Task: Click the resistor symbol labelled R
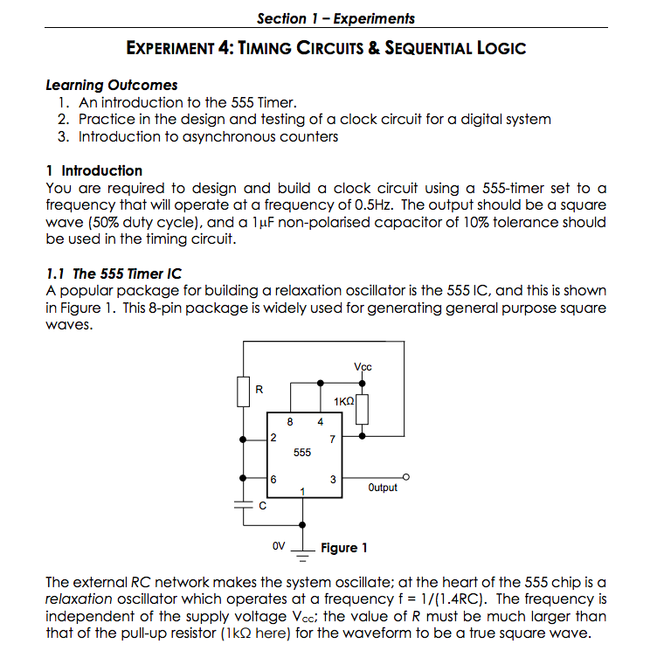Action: coord(243,391)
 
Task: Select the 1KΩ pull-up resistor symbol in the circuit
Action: coord(364,407)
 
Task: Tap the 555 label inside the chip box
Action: coord(301,453)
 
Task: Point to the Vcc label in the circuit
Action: coord(363,366)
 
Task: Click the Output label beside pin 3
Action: coord(383,488)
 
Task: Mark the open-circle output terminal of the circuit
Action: coord(405,477)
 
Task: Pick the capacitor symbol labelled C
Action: coord(243,505)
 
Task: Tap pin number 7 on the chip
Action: coord(331,439)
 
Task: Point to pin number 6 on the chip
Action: coord(274,479)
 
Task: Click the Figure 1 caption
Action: coord(343,548)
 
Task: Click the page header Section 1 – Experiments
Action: coord(335,18)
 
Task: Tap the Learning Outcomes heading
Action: coord(111,86)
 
